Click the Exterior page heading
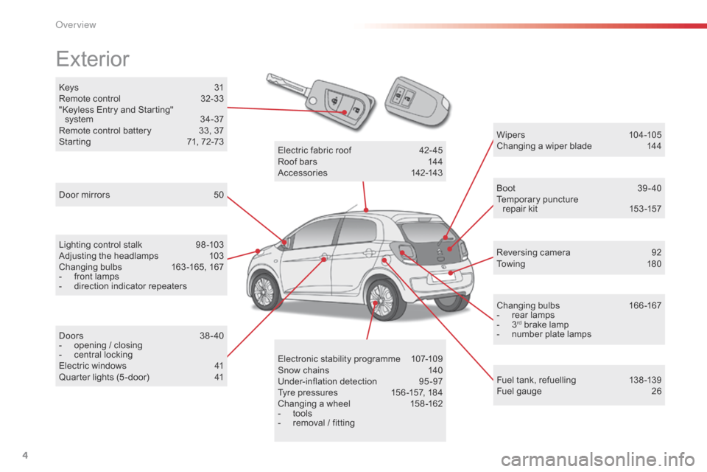(93, 59)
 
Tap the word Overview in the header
(76, 25)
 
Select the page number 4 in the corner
(25, 455)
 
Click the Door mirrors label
(84, 195)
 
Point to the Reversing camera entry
(533, 252)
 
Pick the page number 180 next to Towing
(654, 264)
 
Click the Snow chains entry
(303, 370)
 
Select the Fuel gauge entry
(519, 391)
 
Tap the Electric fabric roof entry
(314, 150)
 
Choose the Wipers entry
(510, 135)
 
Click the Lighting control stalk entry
(100, 245)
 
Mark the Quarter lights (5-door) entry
(104, 377)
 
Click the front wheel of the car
(264, 291)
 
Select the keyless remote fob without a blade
(417, 101)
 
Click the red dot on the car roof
(366, 210)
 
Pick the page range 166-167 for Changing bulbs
(645, 306)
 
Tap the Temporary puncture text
(537, 200)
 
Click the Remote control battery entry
(105, 131)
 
